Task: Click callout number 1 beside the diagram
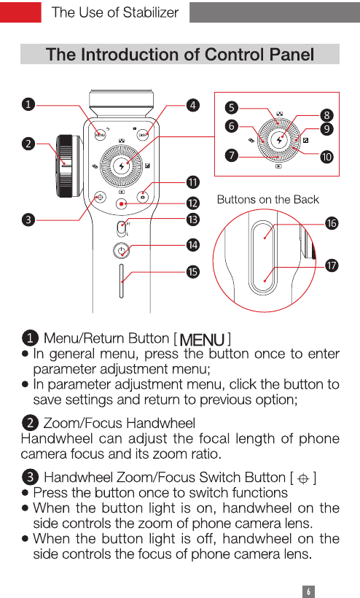[28, 104]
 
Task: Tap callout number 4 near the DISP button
[193, 105]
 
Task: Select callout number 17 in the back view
[332, 265]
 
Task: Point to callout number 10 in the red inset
[326, 157]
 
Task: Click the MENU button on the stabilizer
[100, 134]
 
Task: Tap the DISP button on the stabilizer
[143, 134]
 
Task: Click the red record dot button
[121, 204]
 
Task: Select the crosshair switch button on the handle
[100, 197]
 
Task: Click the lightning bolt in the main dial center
[122, 166]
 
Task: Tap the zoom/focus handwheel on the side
[68, 166]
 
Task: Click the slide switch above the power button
[122, 228]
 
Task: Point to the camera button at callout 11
[143, 197]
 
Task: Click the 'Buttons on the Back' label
[267, 200]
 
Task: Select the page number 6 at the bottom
[308, 591]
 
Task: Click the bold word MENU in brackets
[202, 339]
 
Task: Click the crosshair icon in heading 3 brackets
[303, 478]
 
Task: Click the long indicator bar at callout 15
[122, 281]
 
